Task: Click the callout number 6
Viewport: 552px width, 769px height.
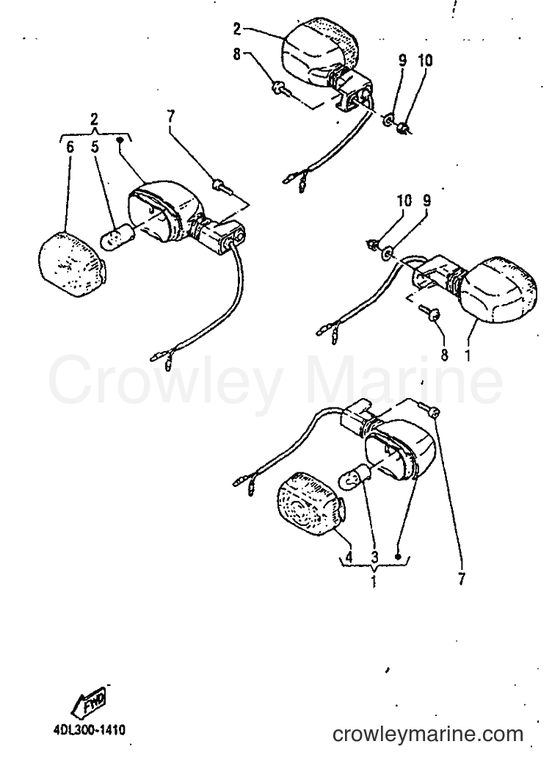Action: pyautogui.click(x=70, y=146)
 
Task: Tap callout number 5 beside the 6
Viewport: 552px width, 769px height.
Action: pyautogui.click(x=95, y=146)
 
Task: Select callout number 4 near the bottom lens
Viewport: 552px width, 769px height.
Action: pyautogui.click(x=349, y=557)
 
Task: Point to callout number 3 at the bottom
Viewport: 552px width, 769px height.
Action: pyautogui.click(x=374, y=557)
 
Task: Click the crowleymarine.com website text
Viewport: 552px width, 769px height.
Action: pyautogui.click(x=427, y=734)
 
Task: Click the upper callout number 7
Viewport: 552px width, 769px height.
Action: pyautogui.click(x=170, y=118)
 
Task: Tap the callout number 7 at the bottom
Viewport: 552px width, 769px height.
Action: pyautogui.click(x=461, y=580)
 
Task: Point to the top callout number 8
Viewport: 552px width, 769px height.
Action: pyautogui.click(x=237, y=54)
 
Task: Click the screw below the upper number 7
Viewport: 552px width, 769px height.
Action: pyautogui.click(x=221, y=187)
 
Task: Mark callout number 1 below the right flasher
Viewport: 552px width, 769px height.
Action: pyautogui.click(x=467, y=355)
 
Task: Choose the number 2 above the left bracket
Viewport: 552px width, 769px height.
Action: pyautogui.click(x=95, y=119)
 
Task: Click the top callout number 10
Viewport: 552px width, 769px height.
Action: pyautogui.click(x=425, y=60)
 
